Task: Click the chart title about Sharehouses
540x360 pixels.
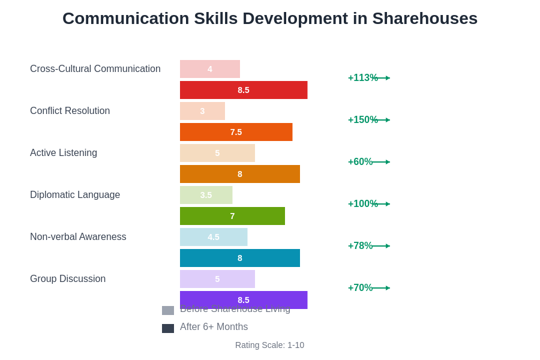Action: coord(270,19)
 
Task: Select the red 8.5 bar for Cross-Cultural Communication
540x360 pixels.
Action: coord(244,90)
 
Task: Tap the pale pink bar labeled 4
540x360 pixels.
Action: coord(210,69)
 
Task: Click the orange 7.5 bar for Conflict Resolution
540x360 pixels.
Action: coord(236,132)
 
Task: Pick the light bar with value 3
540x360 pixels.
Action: coord(202,111)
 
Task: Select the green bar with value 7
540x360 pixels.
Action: coord(232,216)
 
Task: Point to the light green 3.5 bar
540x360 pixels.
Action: coord(206,195)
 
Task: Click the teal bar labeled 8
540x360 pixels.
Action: coord(240,258)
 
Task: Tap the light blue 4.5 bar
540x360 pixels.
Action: coord(214,237)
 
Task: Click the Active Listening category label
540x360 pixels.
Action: coord(64,153)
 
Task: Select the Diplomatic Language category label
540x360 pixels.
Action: coord(75,195)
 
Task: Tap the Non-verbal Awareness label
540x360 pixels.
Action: coord(78,237)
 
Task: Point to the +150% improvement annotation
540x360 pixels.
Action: coord(362,120)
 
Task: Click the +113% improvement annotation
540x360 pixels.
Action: coord(362,78)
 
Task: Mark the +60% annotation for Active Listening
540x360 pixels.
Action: coord(360,162)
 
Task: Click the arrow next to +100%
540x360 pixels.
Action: coord(383,204)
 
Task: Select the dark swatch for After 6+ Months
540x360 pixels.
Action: coord(168,328)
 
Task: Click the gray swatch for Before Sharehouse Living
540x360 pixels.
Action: coord(168,310)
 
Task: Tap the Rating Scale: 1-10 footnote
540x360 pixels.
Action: coord(269,345)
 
